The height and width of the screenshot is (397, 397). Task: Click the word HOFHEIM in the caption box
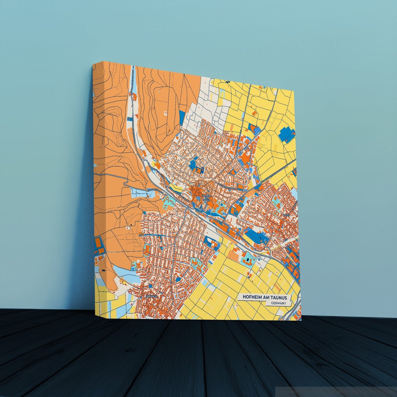click(x=252, y=298)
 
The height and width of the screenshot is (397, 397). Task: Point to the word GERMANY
click(x=278, y=303)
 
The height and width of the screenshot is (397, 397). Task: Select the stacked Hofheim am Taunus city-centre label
click(x=206, y=198)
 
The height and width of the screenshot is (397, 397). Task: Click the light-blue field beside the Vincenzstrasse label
click(x=140, y=192)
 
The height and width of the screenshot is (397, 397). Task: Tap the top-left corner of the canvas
click(x=93, y=65)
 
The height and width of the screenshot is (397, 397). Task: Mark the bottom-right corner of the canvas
click(x=301, y=320)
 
